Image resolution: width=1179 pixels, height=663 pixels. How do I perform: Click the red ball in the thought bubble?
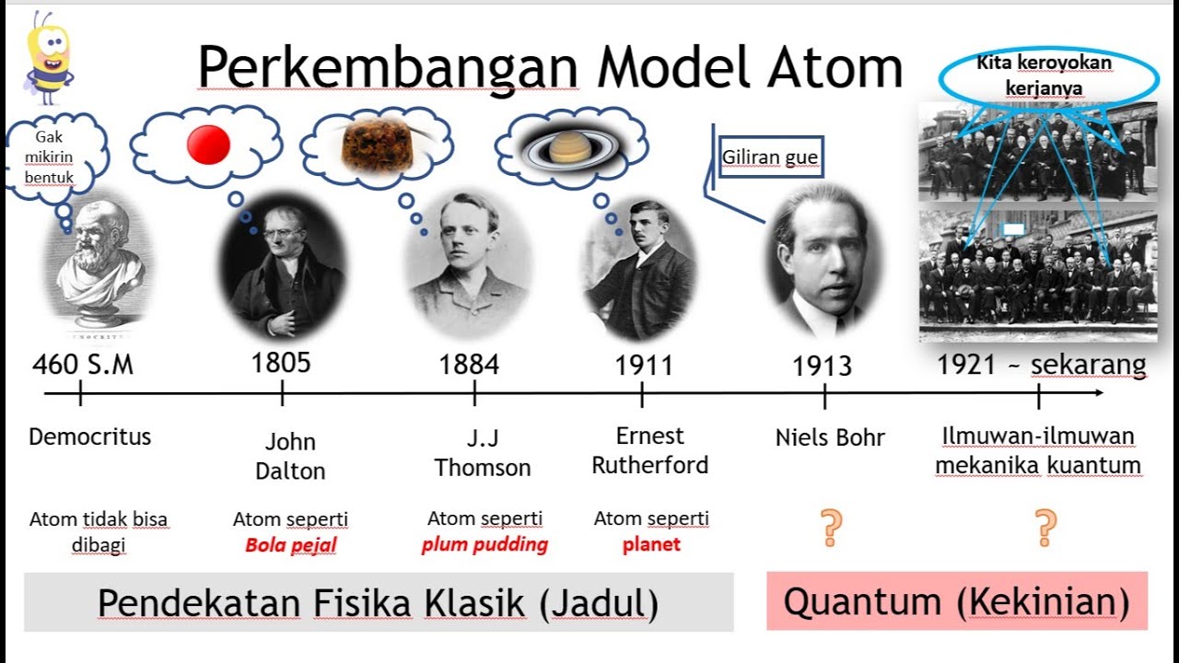coord(207,145)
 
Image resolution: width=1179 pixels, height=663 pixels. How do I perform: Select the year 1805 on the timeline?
coord(281,363)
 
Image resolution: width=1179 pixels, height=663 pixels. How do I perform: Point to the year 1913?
coord(823,366)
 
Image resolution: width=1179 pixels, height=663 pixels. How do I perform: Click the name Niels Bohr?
coord(829,438)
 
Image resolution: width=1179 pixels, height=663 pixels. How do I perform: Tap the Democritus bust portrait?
coord(98,262)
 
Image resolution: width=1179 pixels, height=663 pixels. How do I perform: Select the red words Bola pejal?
coord(290,545)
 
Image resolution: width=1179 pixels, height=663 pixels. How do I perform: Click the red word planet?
coord(651,544)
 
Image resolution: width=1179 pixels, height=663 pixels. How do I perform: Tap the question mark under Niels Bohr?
coord(832,528)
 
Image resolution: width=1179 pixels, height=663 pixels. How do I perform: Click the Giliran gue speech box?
coord(770,157)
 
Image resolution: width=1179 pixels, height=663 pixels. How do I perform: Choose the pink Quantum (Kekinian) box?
coord(956,601)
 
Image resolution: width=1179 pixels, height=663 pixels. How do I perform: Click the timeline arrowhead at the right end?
coord(1098,393)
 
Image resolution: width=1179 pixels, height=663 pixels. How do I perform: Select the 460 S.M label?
coord(83,365)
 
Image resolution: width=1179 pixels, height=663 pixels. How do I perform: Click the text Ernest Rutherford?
coord(650,450)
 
